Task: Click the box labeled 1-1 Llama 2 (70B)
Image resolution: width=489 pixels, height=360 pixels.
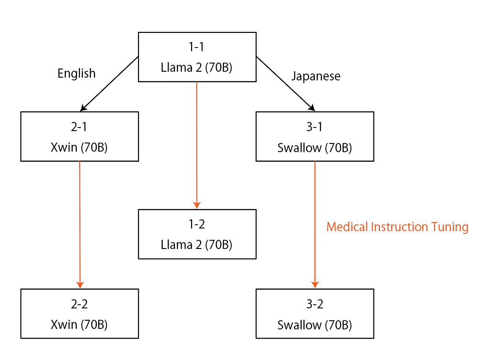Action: [x=197, y=57]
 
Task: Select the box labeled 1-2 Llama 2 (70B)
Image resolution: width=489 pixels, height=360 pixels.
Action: [x=197, y=234]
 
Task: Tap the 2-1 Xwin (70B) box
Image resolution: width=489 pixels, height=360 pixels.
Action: [x=80, y=137]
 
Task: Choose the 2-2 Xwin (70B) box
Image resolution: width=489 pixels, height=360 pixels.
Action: [x=80, y=313]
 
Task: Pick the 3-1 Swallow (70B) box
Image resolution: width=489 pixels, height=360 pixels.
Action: [x=314, y=137]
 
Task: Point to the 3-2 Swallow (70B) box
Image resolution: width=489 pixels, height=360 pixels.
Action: [x=314, y=313]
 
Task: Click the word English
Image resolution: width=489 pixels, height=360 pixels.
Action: [x=76, y=74]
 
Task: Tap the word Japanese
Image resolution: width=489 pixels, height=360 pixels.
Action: [x=316, y=76]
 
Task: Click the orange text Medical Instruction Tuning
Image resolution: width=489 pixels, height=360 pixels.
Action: [x=397, y=227]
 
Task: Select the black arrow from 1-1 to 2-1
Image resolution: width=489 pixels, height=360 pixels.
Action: [x=110, y=84]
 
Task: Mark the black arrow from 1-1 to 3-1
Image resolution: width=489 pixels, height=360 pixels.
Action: [x=285, y=84]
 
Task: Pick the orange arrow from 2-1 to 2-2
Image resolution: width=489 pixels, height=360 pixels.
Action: [x=80, y=224]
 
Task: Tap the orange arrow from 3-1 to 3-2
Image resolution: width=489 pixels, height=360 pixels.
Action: [x=315, y=224]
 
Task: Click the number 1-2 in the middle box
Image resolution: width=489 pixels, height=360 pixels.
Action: [x=197, y=224]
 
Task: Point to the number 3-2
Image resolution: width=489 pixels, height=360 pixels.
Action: [x=314, y=304]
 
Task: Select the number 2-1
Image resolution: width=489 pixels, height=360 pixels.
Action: [x=80, y=127]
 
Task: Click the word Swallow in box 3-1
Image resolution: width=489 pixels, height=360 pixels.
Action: [x=299, y=148]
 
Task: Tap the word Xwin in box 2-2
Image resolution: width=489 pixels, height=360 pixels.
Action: [x=64, y=325]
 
